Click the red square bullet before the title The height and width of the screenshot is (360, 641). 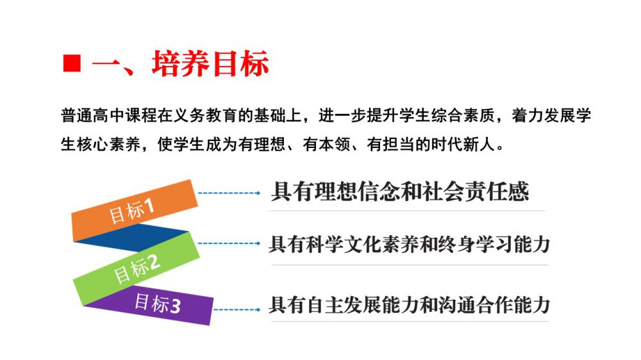pyautogui.click(x=72, y=63)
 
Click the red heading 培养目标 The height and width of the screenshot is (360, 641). pyautogui.click(x=210, y=63)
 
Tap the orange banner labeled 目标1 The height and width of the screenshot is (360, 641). pyautogui.click(x=135, y=210)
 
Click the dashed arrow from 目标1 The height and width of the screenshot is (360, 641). pyautogui.click(x=229, y=193)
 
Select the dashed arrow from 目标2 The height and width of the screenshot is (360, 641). pyautogui.click(x=229, y=243)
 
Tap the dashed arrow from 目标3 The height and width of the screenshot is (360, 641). pyautogui.click(x=237, y=310)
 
